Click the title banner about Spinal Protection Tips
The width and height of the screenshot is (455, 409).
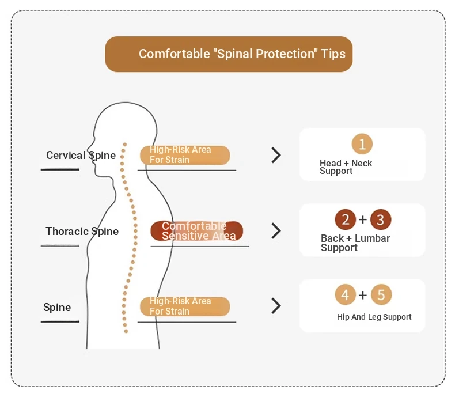pyautogui.click(x=229, y=54)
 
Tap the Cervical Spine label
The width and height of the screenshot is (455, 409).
pyautogui.click(x=81, y=156)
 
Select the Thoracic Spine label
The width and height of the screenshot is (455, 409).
pyautogui.click(x=82, y=232)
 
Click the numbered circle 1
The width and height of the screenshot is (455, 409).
pyautogui.click(x=362, y=143)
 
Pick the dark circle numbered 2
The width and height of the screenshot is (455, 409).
pyautogui.click(x=346, y=219)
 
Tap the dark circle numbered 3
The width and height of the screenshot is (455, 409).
pyautogui.click(x=381, y=219)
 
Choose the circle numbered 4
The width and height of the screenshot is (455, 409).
pyautogui.click(x=346, y=294)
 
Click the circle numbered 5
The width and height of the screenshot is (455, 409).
pyautogui.click(x=381, y=294)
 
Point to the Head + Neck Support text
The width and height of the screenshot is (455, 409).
pyautogui.click(x=346, y=167)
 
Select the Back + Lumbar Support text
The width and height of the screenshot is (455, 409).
pyautogui.click(x=355, y=243)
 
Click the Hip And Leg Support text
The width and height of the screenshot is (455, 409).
pyautogui.click(x=374, y=317)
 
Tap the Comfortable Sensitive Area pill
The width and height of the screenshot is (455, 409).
pyautogui.click(x=197, y=231)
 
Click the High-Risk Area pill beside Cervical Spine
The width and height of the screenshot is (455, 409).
pyautogui.click(x=185, y=155)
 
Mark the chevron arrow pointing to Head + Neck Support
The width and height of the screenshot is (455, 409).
pyautogui.click(x=276, y=155)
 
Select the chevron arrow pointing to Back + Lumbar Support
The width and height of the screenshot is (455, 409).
pyautogui.click(x=276, y=231)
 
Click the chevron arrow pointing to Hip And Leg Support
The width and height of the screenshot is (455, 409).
pyautogui.click(x=276, y=306)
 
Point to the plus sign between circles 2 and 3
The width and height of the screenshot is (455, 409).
pyautogui.click(x=363, y=219)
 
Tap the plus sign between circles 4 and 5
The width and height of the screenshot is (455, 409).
pyautogui.click(x=363, y=295)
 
